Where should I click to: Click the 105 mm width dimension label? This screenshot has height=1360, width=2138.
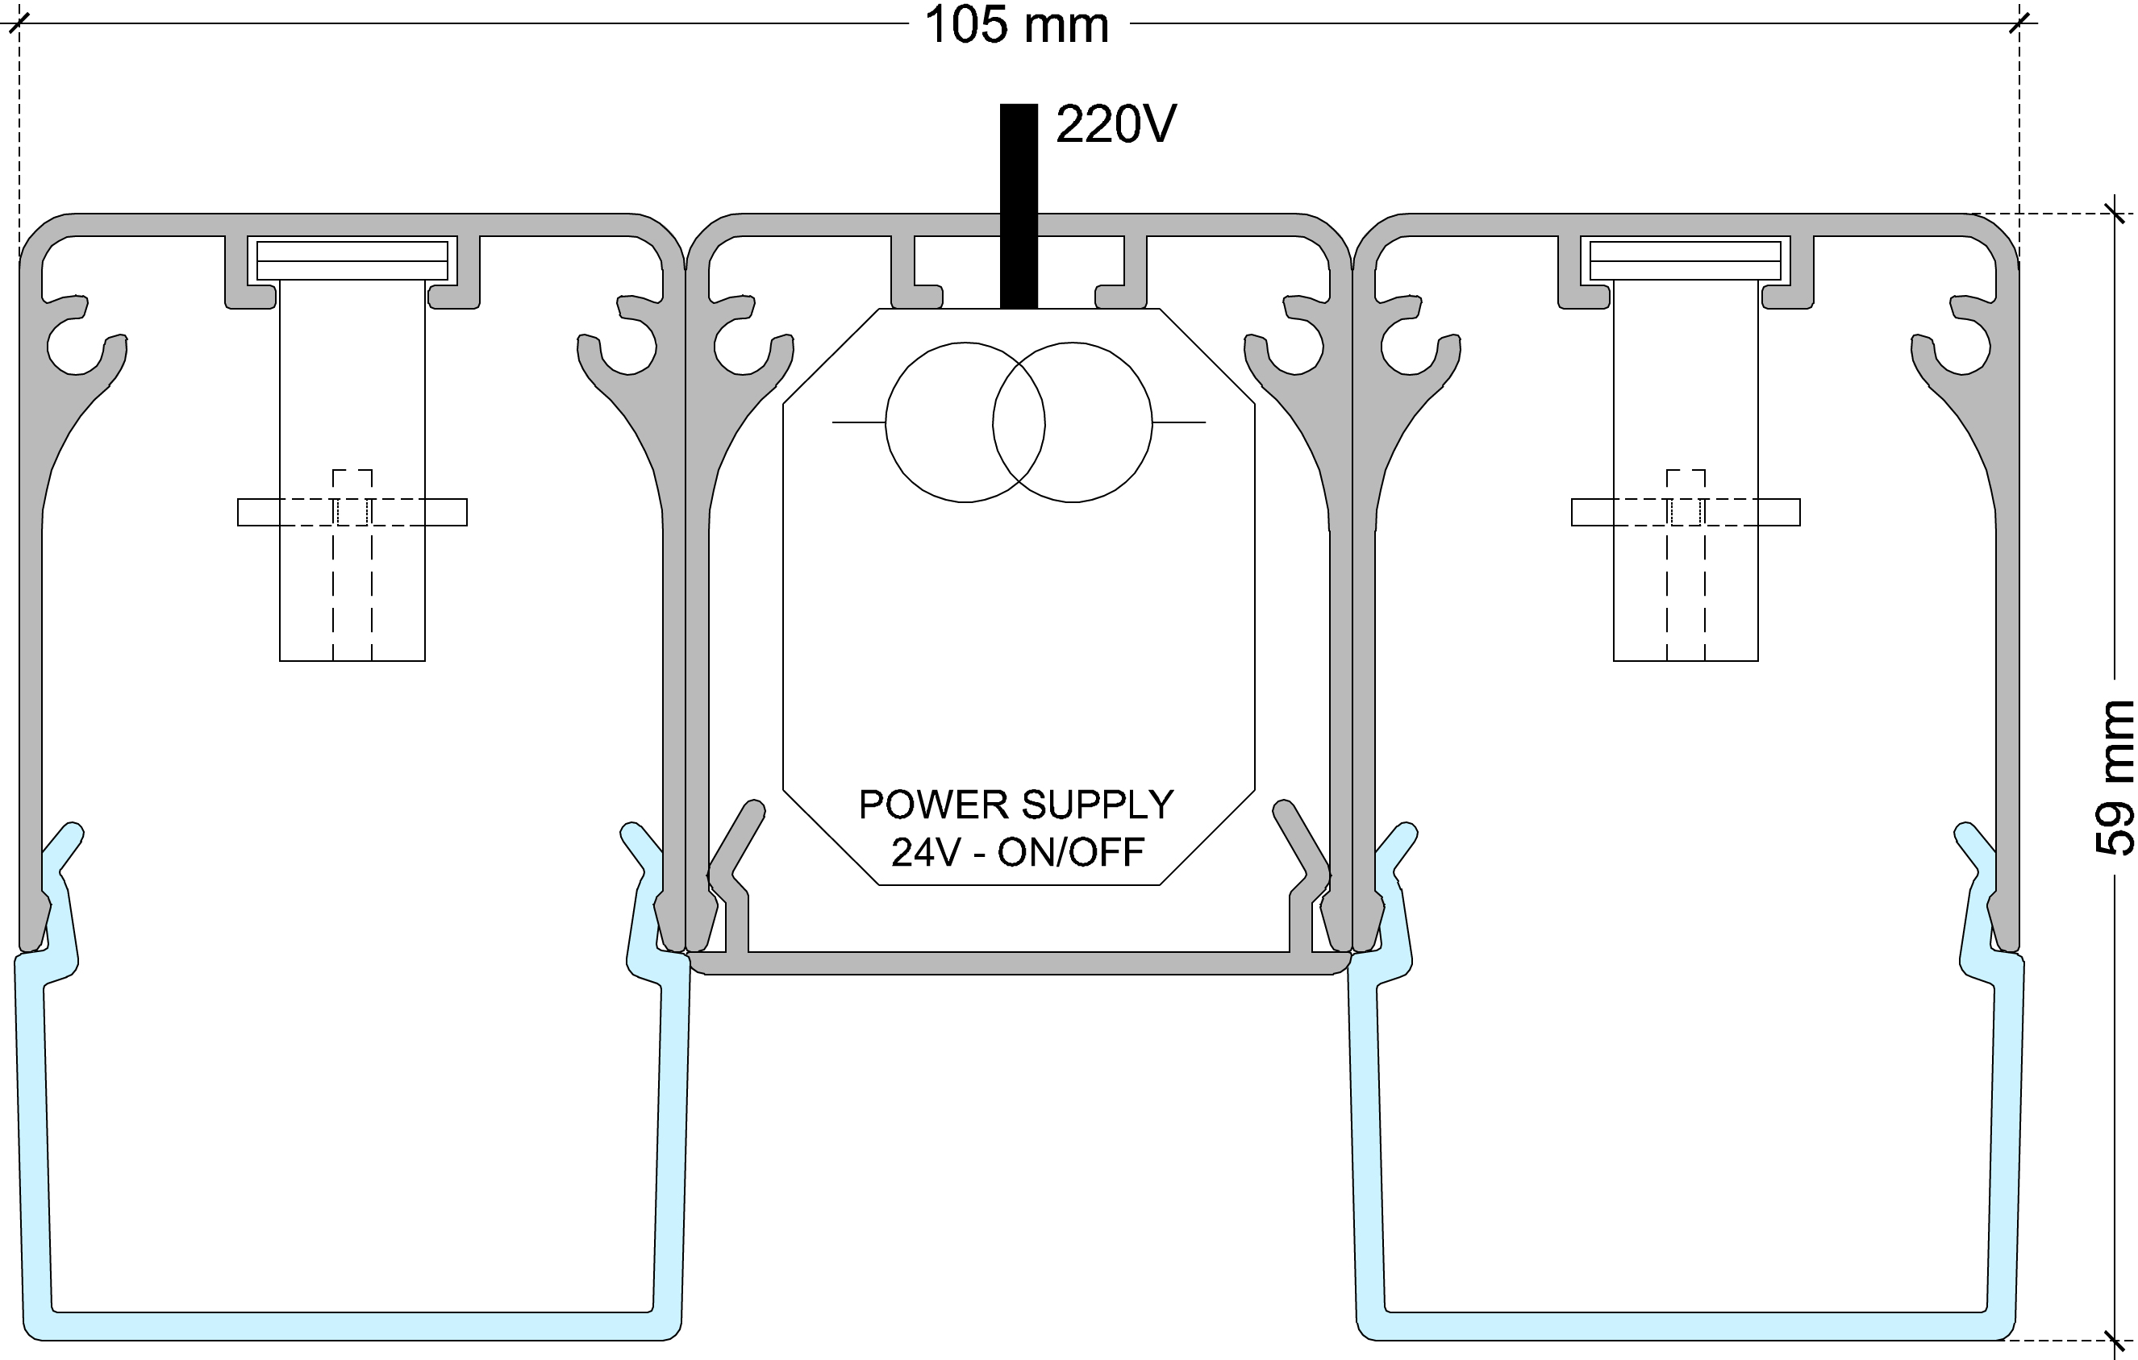click(1017, 25)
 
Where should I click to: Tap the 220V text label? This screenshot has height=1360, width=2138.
click(1115, 124)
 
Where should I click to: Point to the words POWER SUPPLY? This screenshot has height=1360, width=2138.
click(1015, 805)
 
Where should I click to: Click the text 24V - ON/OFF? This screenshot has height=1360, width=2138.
click(1018, 852)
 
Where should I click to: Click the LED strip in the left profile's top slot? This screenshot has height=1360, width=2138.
click(352, 260)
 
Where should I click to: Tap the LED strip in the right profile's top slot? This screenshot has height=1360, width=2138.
click(1686, 260)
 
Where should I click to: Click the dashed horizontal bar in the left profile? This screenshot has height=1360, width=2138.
click(352, 512)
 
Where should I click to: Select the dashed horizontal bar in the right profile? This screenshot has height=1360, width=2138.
click(1686, 512)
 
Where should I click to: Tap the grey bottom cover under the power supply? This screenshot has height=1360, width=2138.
click(1019, 963)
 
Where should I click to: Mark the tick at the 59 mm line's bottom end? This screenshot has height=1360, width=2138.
click(2114, 1340)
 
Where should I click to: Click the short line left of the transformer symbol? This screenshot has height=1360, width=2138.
click(857, 422)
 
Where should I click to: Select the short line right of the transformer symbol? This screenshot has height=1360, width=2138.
click(1179, 422)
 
